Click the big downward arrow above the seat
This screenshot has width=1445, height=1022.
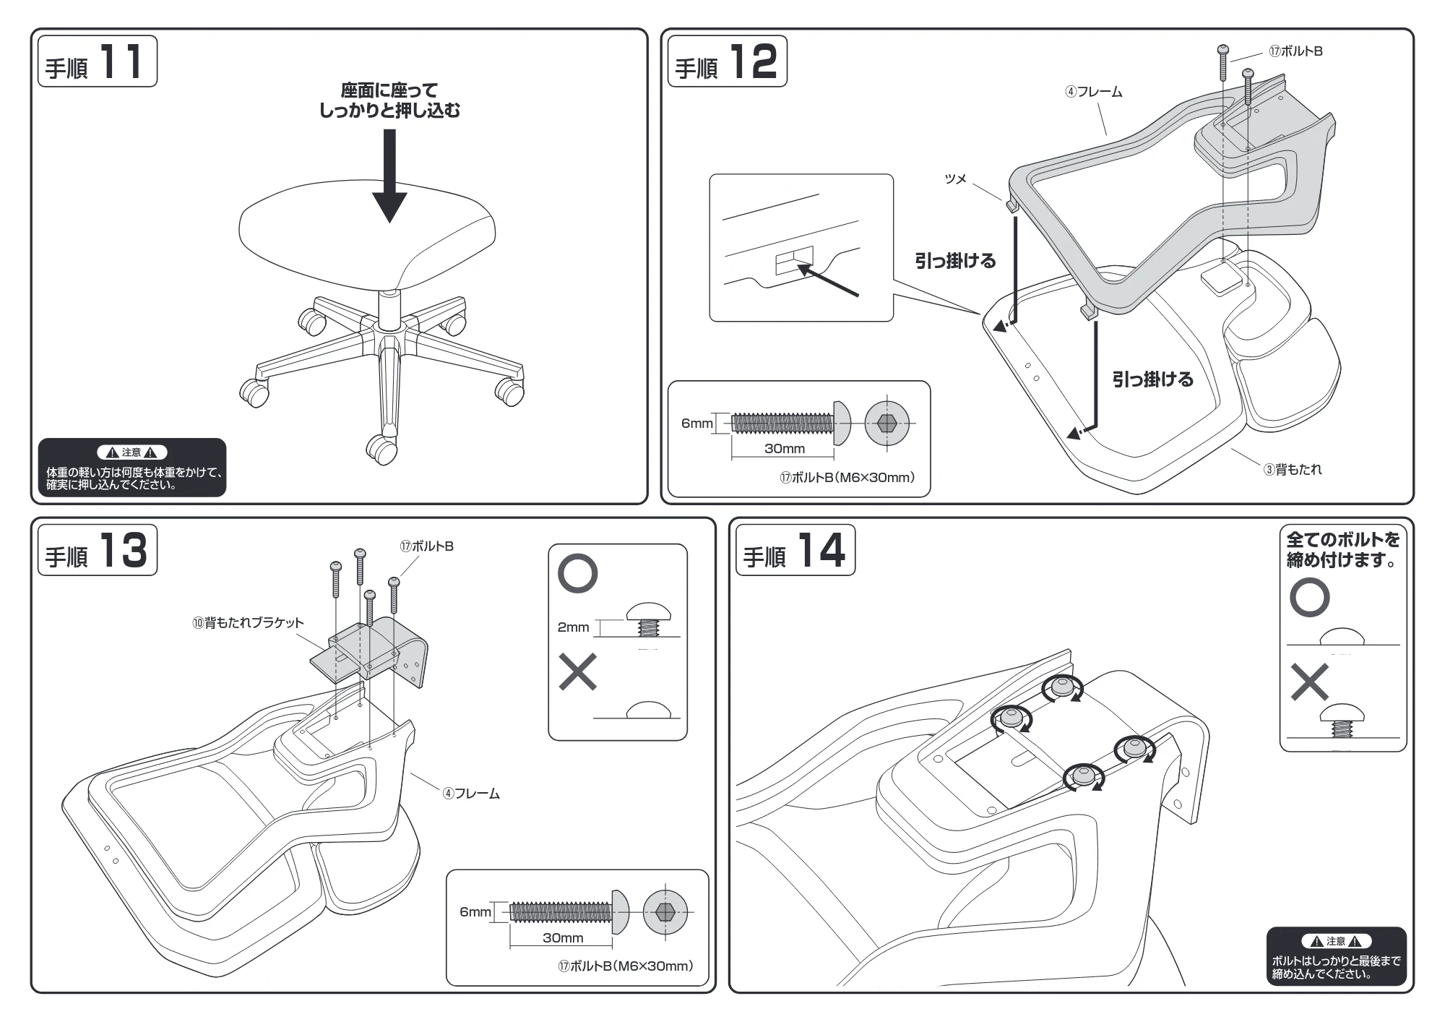(389, 176)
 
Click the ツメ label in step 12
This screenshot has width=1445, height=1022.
(955, 179)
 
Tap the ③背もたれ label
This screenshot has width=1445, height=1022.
(1293, 469)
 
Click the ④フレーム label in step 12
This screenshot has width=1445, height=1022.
(1094, 92)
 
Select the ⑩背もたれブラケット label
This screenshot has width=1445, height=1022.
(248, 622)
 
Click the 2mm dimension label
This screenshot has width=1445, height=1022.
(573, 627)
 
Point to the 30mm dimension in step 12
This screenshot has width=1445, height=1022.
(785, 448)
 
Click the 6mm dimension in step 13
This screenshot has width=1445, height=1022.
(475, 912)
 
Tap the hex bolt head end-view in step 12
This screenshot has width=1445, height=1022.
(887, 423)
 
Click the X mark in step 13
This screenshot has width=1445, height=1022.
(578, 672)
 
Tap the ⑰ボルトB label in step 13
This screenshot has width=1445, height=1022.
(427, 546)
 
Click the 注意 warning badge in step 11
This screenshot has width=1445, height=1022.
(131, 452)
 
